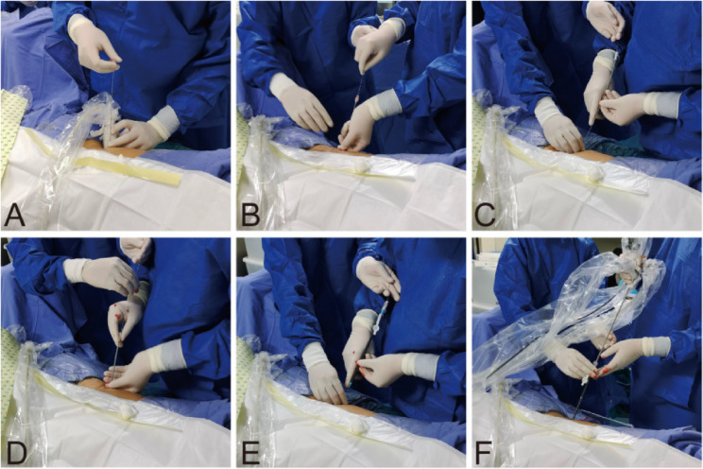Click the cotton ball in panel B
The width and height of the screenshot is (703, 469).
(x=361, y=167)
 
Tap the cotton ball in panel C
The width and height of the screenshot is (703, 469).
(x=595, y=174)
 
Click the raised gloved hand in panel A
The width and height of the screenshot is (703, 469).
(x=94, y=44)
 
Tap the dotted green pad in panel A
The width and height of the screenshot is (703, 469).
(x=9, y=127)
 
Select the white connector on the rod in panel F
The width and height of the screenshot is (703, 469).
(x=585, y=380)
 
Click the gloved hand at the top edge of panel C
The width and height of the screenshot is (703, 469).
(x=606, y=19)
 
